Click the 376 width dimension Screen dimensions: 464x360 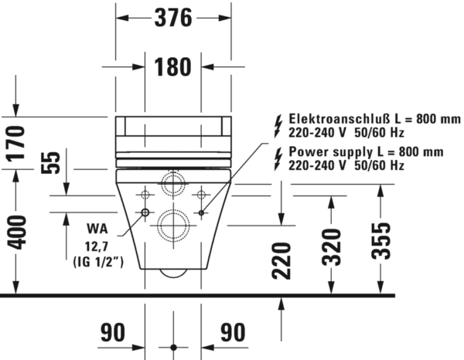[x=173, y=18]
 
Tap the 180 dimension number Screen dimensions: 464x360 [x=172, y=66]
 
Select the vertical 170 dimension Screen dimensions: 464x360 [x=16, y=144]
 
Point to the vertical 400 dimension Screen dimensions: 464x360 [x=16, y=232]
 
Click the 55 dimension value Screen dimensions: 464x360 [x=50, y=162]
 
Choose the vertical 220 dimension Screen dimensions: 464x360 [x=281, y=260]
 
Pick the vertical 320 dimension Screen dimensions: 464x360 [x=332, y=247]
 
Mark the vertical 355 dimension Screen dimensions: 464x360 [x=381, y=241]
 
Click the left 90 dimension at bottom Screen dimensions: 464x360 [x=113, y=332]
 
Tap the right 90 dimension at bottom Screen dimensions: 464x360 [x=233, y=332]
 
